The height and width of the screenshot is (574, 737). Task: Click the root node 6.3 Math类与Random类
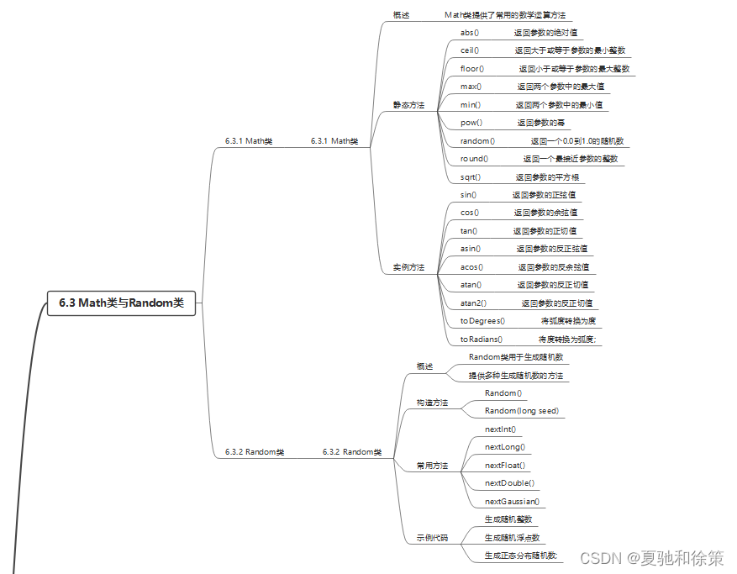tap(121, 303)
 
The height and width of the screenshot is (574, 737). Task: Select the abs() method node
tap(469, 33)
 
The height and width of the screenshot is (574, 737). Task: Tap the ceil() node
tap(469, 50)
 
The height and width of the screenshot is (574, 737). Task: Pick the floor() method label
tap(471, 69)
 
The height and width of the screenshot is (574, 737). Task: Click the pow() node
tap(471, 123)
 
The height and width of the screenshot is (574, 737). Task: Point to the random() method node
tap(477, 141)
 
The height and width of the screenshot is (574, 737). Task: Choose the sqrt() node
tap(471, 177)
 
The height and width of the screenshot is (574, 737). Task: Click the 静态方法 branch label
tap(408, 105)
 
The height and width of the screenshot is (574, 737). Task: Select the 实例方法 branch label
tap(408, 267)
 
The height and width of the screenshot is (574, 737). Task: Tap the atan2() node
tap(473, 303)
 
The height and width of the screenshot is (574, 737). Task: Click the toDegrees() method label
tap(482, 321)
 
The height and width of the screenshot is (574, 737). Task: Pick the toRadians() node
tap(481, 340)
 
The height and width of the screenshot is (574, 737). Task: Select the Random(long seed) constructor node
tap(521, 411)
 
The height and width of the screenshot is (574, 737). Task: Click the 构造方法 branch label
tap(432, 403)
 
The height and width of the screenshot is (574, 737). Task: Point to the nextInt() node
tap(501, 429)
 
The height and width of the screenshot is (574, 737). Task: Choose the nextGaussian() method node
tap(512, 502)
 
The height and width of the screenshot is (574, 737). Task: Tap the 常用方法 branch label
tap(432, 466)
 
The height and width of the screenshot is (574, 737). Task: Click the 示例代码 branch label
tap(432, 538)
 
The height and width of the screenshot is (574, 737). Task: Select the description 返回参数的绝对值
tap(545, 33)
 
